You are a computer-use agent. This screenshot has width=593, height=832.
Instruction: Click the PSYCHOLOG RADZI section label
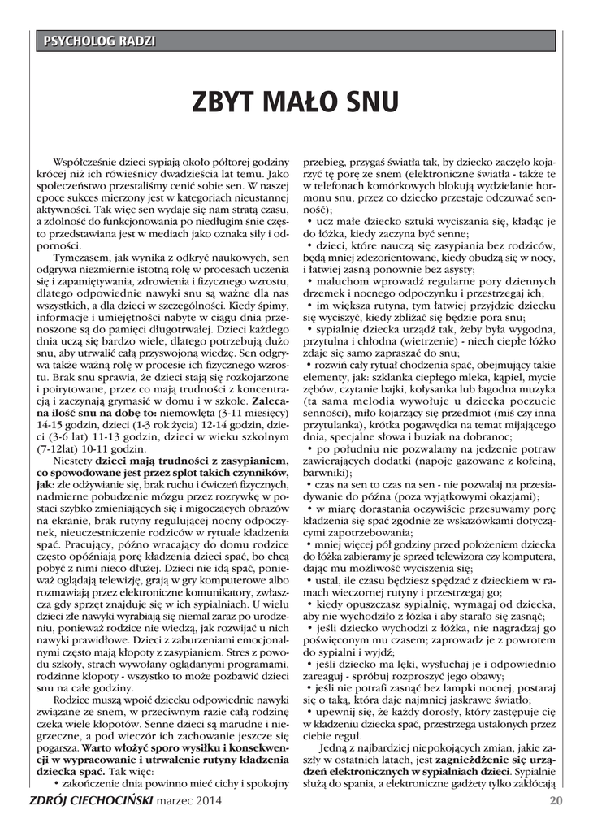pos(98,41)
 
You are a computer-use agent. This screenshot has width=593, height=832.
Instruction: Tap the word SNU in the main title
pos(370,103)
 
